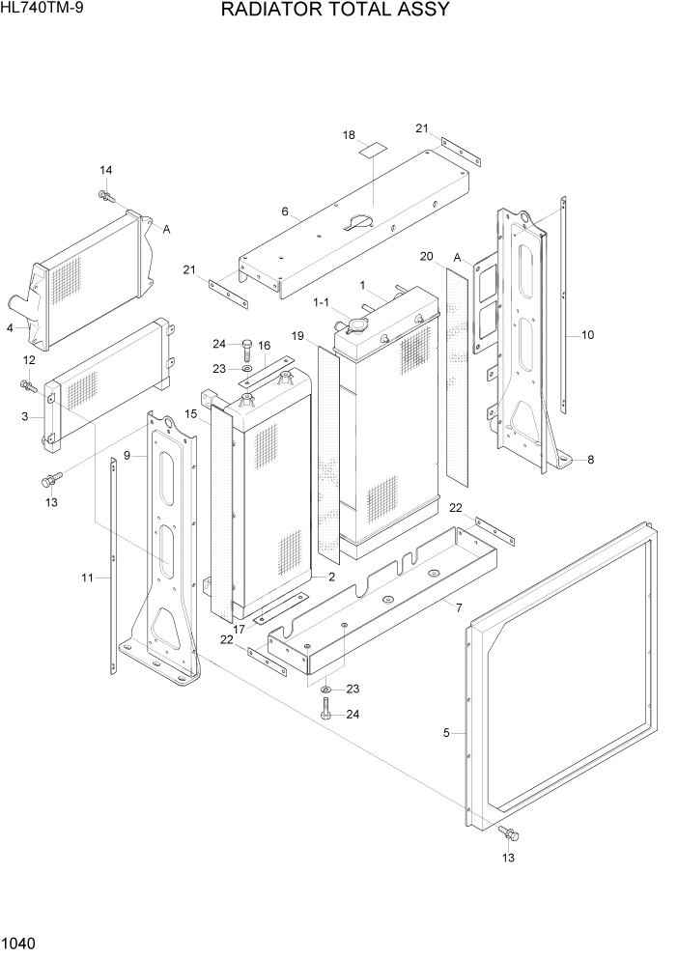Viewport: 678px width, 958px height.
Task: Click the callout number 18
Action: point(349,135)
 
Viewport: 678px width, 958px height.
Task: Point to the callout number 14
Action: point(106,171)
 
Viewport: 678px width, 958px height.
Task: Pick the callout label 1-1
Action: point(321,302)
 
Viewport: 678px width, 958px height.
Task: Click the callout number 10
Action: point(587,335)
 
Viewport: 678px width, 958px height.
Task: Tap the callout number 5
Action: point(446,734)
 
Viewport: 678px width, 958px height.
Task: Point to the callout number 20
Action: point(426,256)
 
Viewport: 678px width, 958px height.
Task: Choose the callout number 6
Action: point(285,211)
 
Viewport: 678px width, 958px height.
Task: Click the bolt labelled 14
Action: point(104,197)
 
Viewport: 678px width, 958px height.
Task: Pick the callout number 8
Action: point(590,460)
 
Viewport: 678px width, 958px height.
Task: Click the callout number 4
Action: point(10,328)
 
